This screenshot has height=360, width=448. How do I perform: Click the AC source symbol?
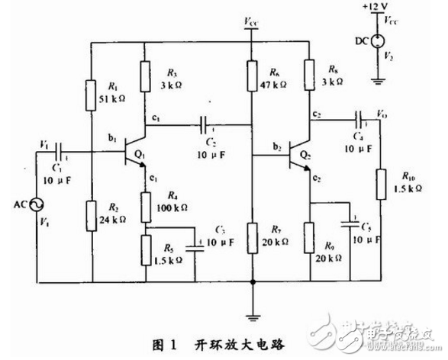point(35,204)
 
